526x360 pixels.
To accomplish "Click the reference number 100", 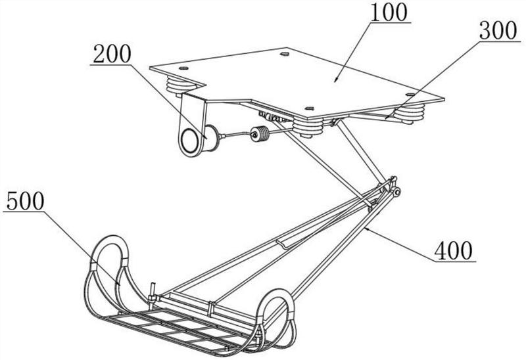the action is (389, 12).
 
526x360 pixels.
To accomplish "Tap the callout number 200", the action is (112, 54).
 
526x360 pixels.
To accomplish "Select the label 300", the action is (498, 31).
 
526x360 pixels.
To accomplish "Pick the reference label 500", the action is (25, 201).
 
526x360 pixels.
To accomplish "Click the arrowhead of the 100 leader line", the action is (336, 79).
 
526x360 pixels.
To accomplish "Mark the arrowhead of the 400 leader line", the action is (368, 229).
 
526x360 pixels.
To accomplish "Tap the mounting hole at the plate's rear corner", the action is (285, 54).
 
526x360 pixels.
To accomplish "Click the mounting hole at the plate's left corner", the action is (183, 68).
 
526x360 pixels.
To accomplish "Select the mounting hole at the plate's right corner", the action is (410, 95).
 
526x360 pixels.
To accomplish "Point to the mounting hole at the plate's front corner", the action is (309, 108).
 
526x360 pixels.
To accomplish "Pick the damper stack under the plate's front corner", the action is (307, 128).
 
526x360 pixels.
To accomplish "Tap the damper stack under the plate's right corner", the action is (409, 113).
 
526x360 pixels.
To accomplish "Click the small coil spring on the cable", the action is (259, 134).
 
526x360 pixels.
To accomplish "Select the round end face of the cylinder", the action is (190, 142).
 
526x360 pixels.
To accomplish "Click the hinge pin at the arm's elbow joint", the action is (397, 192).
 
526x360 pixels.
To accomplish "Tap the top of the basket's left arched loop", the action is (110, 237).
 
